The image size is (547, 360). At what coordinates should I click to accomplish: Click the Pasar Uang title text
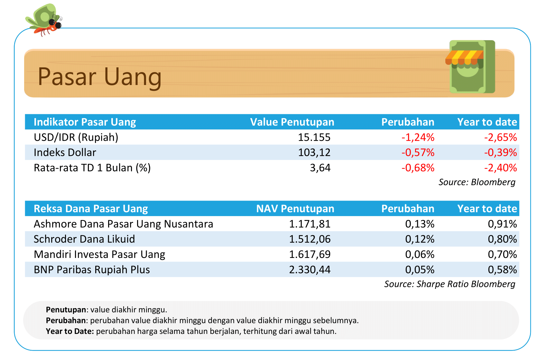pyautogui.click(x=99, y=77)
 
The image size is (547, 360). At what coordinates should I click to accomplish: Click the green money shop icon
pyautogui.click(x=470, y=67)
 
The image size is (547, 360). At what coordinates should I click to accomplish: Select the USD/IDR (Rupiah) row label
pyautogui.click(x=76, y=137)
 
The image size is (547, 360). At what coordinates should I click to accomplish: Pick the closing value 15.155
pyautogui.click(x=314, y=137)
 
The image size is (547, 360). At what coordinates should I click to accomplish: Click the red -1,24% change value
pyautogui.click(x=418, y=137)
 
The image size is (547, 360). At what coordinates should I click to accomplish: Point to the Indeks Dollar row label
pyautogui.click(x=65, y=153)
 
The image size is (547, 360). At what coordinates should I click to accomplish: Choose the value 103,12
pyautogui.click(x=314, y=153)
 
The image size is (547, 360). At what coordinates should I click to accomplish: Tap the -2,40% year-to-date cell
pyautogui.click(x=500, y=168)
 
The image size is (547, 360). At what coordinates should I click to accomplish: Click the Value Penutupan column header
pyautogui.click(x=292, y=122)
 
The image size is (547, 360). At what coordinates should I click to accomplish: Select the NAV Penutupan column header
pyautogui.click(x=295, y=209)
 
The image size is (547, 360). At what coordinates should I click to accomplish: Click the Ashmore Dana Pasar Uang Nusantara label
pyautogui.click(x=123, y=224)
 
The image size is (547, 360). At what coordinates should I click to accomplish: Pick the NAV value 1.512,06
pyautogui.click(x=310, y=239)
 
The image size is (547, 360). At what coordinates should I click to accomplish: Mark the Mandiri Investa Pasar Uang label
pyautogui.click(x=99, y=254)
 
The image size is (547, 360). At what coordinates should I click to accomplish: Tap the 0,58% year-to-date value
pyautogui.click(x=502, y=270)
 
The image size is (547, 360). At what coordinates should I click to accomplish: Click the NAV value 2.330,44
pyautogui.click(x=310, y=270)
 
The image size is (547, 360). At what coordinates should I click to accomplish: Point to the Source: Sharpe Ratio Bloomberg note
pyautogui.click(x=450, y=284)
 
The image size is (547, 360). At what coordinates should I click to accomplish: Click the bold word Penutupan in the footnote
pyautogui.click(x=66, y=310)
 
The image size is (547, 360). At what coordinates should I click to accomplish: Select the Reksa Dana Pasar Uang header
pyautogui.click(x=91, y=209)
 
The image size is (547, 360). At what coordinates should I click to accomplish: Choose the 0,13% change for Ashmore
pyautogui.click(x=420, y=224)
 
